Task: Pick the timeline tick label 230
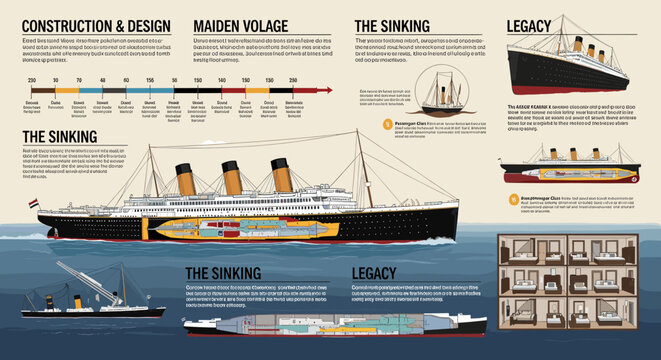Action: tap(31, 79)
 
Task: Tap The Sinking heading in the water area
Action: tap(223, 272)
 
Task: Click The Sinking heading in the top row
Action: tap(392, 26)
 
